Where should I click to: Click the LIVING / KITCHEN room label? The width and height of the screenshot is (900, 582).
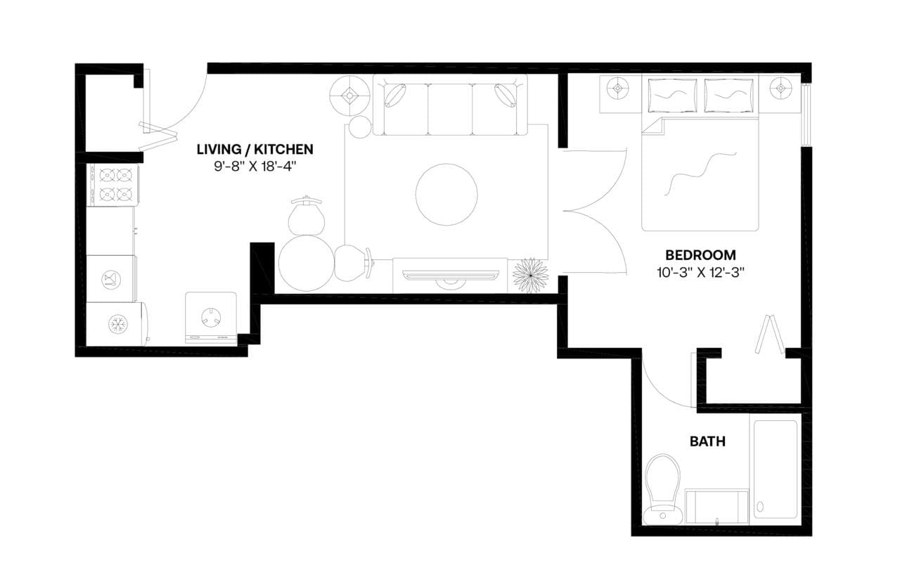(x=255, y=149)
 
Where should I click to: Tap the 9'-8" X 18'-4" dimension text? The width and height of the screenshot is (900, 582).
(x=255, y=168)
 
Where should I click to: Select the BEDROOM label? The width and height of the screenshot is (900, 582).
(x=700, y=254)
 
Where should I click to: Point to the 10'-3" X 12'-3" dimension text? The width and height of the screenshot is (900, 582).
(x=700, y=273)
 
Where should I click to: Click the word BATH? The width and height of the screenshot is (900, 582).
(x=707, y=441)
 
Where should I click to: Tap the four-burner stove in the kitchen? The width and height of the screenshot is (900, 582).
(x=112, y=184)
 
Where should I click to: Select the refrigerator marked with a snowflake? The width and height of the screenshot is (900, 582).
(x=116, y=324)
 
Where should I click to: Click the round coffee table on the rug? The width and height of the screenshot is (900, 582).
(x=446, y=195)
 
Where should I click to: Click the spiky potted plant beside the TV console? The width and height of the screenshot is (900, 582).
(x=530, y=276)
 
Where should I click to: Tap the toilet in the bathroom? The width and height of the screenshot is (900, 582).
(x=663, y=489)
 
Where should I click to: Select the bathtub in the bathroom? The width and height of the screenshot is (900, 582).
(x=776, y=469)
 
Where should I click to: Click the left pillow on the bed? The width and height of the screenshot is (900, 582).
(x=671, y=95)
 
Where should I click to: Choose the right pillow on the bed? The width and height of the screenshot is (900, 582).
(x=728, y=95)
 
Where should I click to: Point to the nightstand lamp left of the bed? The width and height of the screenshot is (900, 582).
(x=618, y=89)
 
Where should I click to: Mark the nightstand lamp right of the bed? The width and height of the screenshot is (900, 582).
(x=780, y=89)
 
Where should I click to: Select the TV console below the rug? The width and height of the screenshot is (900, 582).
(x=450, y=275)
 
